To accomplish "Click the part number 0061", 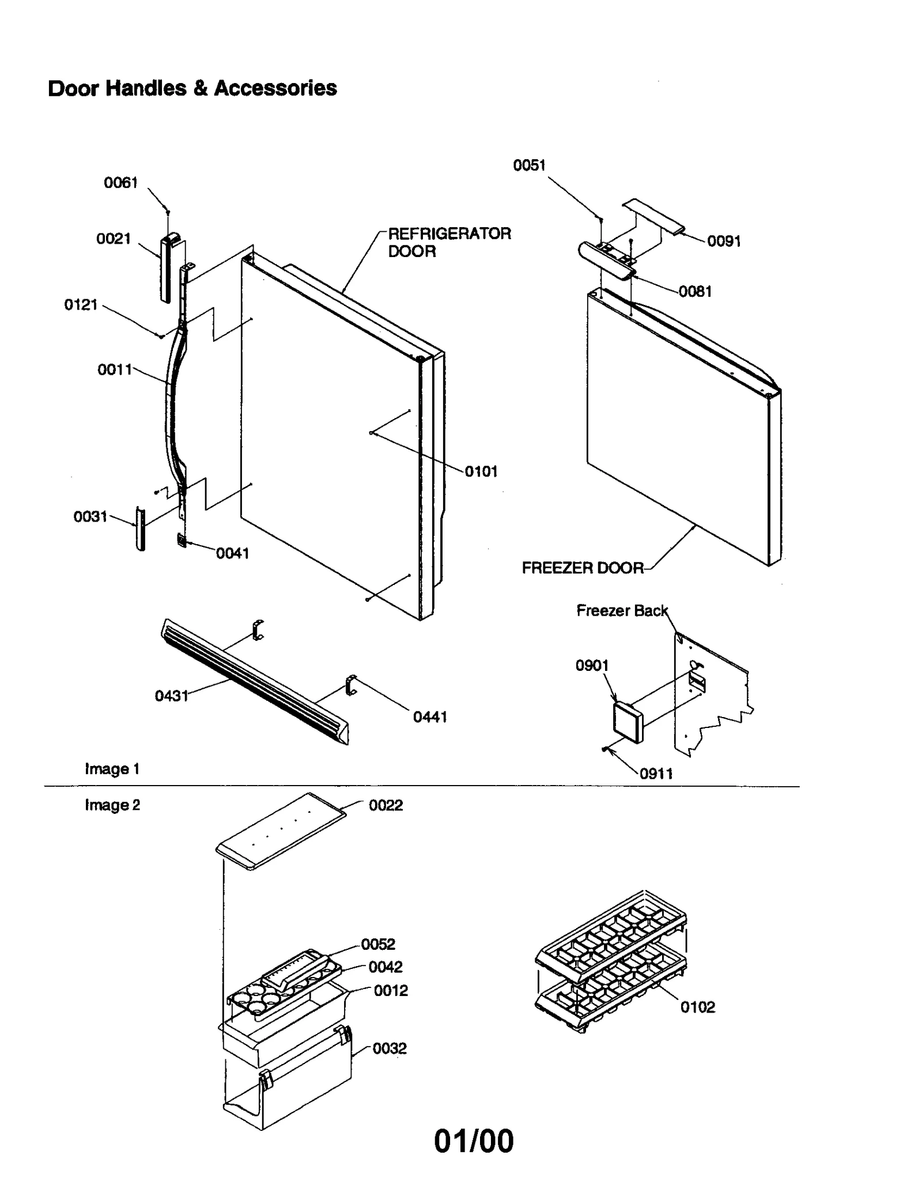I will [120, 183].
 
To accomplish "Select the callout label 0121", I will [81, 305].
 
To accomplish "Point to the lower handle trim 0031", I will [140, 529].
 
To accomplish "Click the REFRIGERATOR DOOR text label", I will [448, 242].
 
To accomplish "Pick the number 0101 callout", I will [481, 471].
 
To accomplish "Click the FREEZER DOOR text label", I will [582, 568].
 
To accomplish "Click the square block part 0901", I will [628, 723].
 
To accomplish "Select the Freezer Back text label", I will [622, 610].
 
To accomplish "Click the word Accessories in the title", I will [275, 88].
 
